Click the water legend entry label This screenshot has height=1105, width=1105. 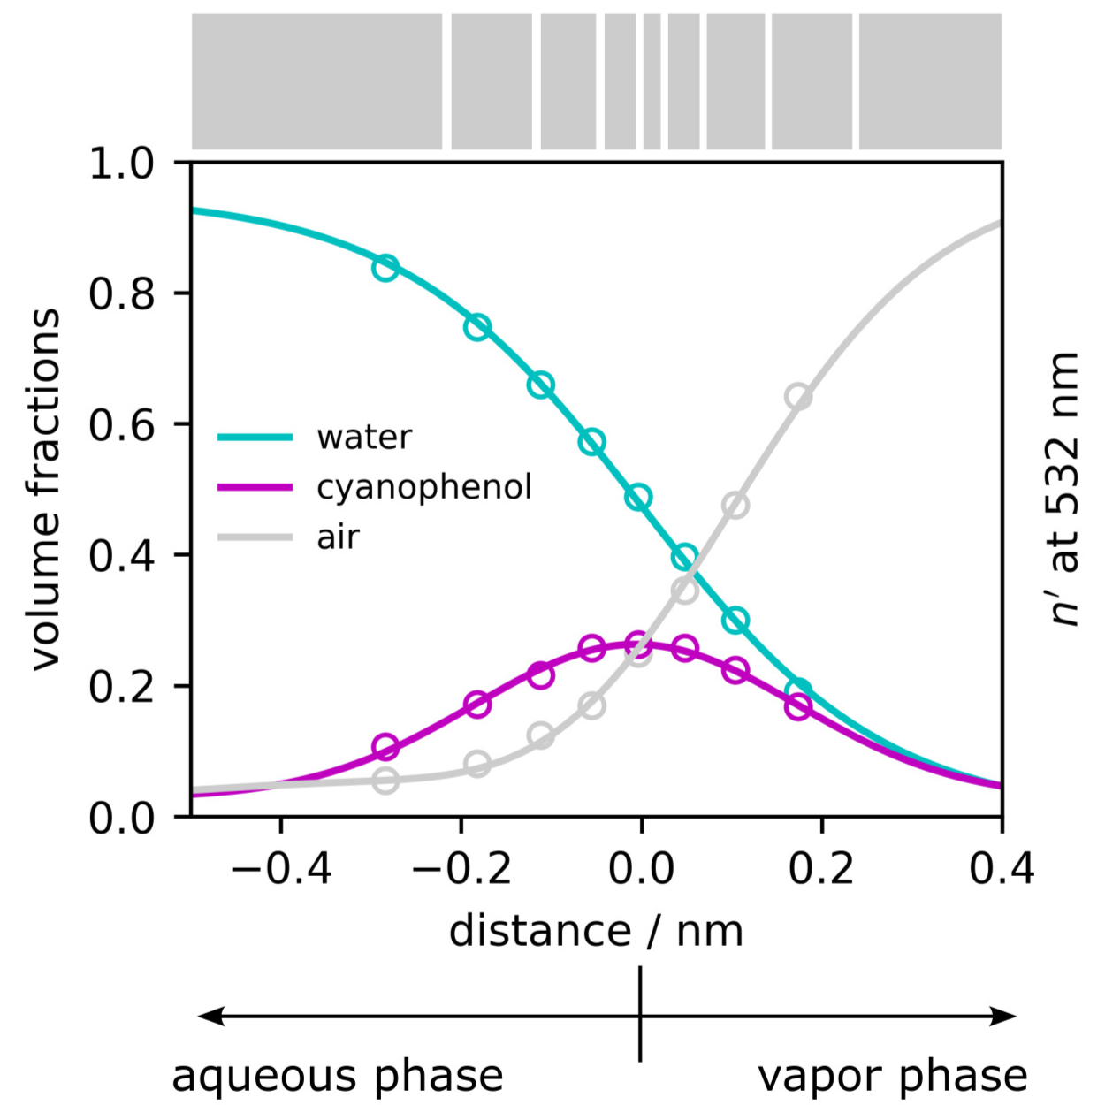[x=363, y=437]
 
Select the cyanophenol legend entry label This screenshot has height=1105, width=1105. [x=423, y=487]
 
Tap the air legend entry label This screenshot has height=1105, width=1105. [x=338, y=537]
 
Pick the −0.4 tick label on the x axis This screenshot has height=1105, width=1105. [x=281, y=869]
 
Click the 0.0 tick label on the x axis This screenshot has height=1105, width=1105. [x=641, y=869]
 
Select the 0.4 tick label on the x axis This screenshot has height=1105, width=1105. [x=1001, y=869]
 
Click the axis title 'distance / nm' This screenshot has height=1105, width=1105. [x=596, y=931]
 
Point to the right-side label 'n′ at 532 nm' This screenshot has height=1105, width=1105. [x=1063, y=489]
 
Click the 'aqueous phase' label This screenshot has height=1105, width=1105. [x=337, y=1076]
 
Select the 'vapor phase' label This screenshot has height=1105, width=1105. [x=893, y=1076]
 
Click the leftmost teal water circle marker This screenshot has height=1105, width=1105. [x=385, y=268]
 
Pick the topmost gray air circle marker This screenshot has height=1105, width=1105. [x=798, y=397]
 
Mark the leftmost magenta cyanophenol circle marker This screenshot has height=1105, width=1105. [x=385, y=748]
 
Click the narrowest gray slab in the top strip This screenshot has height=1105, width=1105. [x=652, y=81]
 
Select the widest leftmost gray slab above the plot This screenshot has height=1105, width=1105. [x=316, y=81]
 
